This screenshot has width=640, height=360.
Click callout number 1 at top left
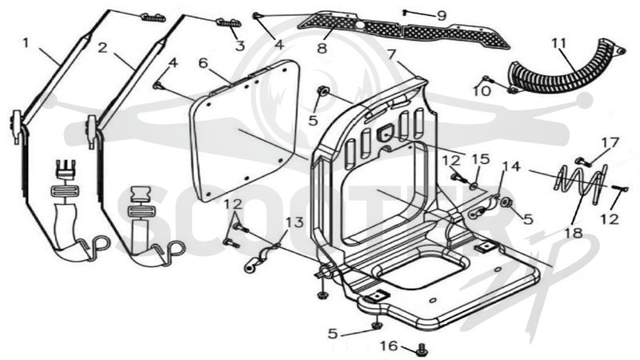tap(26, 43)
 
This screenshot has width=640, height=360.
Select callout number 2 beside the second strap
tap(102, 48)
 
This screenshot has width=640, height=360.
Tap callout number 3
tap(240, 46)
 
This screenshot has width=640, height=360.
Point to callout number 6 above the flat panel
tap(203, 63)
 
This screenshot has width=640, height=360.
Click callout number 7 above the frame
tap(391, 54)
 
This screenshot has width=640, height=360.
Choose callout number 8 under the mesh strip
tap(322, 48)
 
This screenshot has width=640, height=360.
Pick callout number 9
tap(442, 16)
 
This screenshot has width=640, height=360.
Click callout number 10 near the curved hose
tap(482, 90)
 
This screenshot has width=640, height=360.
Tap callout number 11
tap(559, 43)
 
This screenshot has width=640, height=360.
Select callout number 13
tap(294, 222)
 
